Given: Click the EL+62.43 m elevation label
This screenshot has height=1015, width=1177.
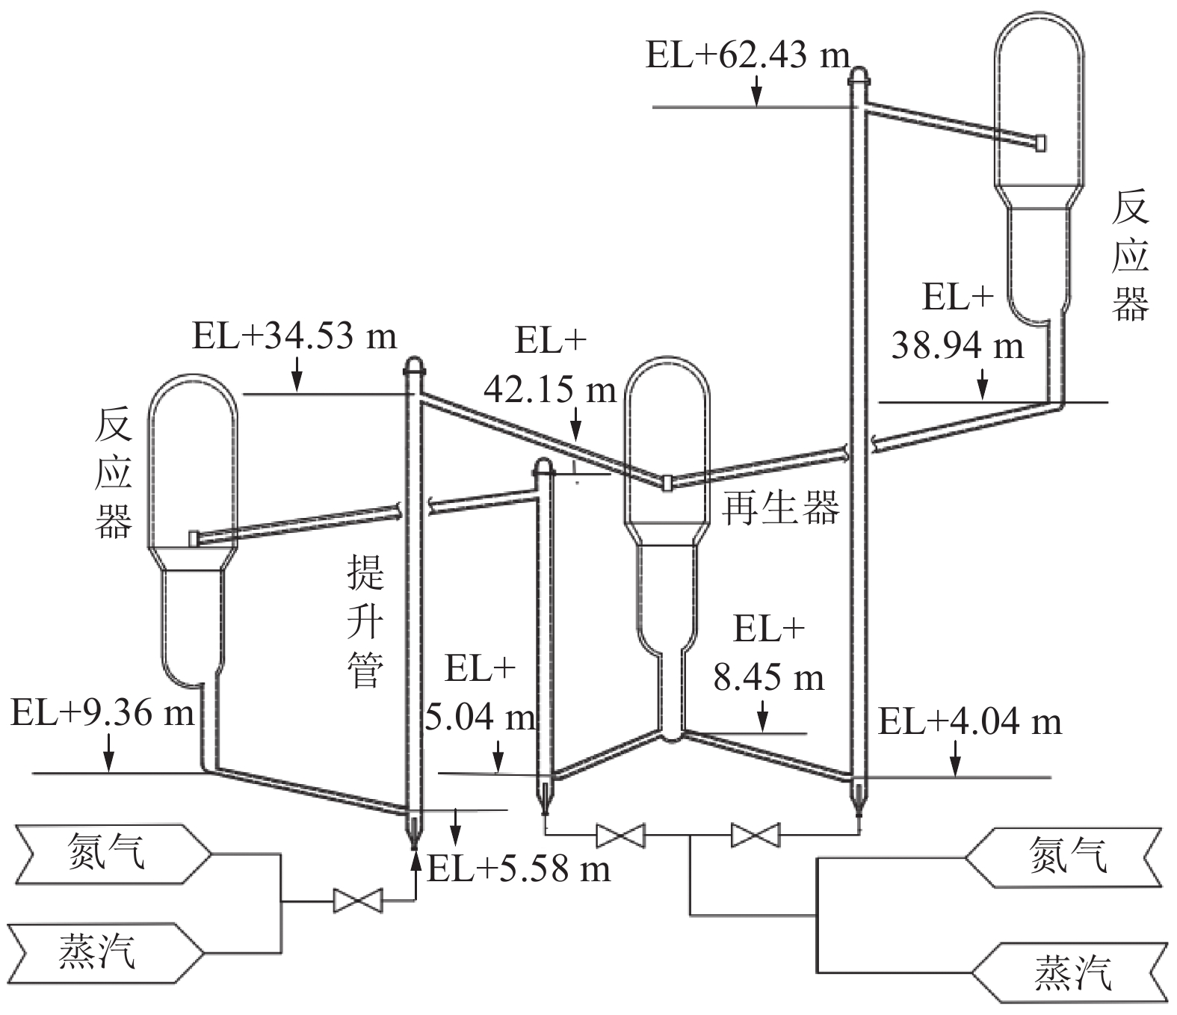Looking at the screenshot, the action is tap(747, 56).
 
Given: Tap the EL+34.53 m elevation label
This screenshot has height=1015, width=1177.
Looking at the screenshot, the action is tap(294, 336).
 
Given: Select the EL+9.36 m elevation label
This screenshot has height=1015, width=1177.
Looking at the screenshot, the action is tap(102, 712).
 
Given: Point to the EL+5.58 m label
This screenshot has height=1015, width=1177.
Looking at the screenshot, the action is tap(519, 869).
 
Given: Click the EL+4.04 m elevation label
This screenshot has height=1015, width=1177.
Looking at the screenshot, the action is tap(970, 722).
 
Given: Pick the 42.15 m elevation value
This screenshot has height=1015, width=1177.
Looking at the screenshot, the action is tap(550, 390).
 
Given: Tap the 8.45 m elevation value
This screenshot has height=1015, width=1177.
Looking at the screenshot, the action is tap(769, 678).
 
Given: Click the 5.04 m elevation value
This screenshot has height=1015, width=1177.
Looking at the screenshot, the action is tap(481, 717).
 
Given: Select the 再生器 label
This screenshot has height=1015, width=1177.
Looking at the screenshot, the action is tap(780, 508).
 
